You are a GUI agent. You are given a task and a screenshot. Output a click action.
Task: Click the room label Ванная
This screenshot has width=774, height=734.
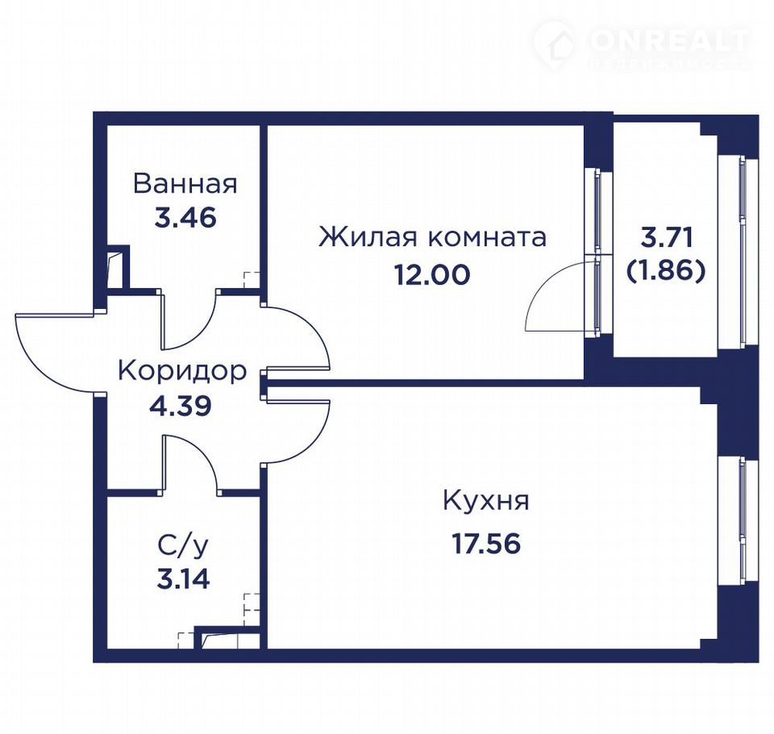coord(185,183)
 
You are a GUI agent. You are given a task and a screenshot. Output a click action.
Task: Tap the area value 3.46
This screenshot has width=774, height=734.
coord(185,217)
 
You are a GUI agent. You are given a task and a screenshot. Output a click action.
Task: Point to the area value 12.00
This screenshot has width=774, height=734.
coord(432,274)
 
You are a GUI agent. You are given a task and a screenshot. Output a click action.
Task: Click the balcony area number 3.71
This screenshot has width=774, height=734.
coord(667,238)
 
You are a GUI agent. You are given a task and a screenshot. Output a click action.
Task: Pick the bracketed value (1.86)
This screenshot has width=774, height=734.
coord(666,271)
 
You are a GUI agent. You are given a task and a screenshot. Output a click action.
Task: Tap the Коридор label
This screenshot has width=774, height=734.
coord(182,371)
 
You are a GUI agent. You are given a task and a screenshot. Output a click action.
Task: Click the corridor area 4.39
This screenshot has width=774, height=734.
coord(180,406)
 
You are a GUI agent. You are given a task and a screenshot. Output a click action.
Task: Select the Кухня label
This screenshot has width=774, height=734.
coord(486,500)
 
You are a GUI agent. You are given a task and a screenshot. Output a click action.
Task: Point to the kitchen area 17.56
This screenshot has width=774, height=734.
coord(487,544)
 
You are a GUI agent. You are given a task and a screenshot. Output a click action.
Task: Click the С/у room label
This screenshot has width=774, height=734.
coord(183,546)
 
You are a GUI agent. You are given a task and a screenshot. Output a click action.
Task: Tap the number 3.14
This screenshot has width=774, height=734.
coord(183,579)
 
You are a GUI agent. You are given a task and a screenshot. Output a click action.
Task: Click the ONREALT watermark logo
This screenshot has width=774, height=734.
coord(642,44)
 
